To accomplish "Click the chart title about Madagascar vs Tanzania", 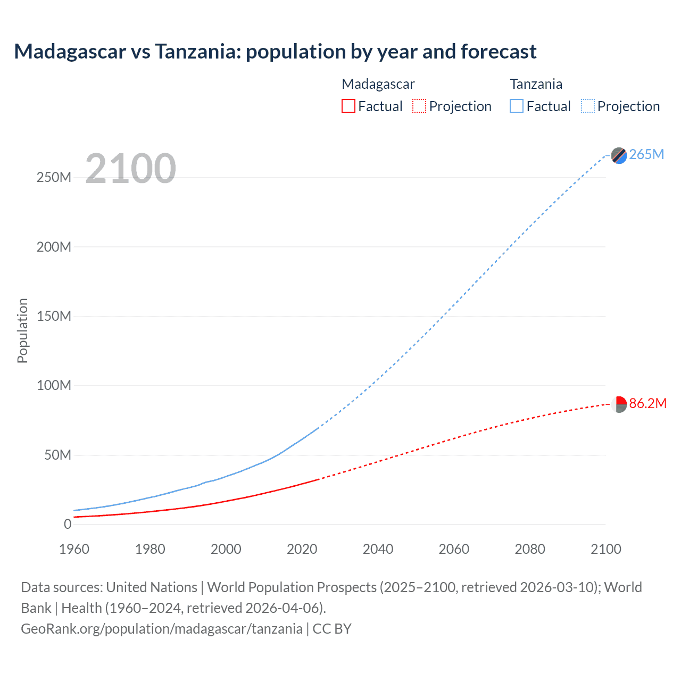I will [x=275, y=52].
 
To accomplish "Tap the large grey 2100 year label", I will [x=130, y=169].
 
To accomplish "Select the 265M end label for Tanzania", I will [x=646, y=154].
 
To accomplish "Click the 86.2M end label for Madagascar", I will [x=647, y=403].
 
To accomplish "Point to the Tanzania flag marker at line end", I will [x=619, y=155].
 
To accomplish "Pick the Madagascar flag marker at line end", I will [x=619, y=404].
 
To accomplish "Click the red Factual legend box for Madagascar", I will [x=348, y=106].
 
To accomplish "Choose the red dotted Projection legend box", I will [x=419, y=106].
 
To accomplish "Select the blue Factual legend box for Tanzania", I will [x=517, y=106].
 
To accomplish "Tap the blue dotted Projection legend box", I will [x=588, y=106].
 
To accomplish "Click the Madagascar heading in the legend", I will [x=378, y=84].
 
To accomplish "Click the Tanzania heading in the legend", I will [x=536, y=84].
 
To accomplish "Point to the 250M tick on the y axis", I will [x=54, y=177].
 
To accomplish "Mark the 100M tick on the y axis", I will [x=54, y=385].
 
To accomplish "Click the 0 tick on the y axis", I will [x=68, y=524].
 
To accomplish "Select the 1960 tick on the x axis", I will [x=74, y=549].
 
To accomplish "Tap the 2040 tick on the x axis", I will [x=378, y=549].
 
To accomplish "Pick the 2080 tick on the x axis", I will [x=530, y=549].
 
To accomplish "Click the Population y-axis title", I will [x=22, y=330].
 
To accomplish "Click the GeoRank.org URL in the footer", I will [x=162, y=629].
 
